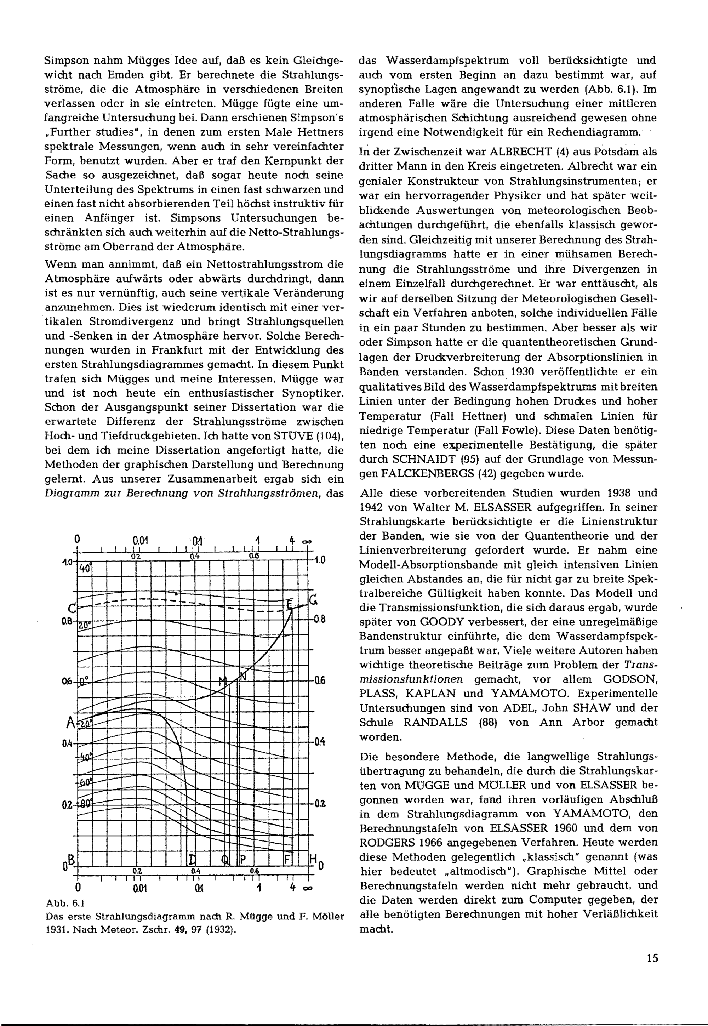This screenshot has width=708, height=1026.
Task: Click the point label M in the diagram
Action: click(x=223, y=680)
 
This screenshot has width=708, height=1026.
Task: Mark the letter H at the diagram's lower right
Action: click(x=312, y=860)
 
